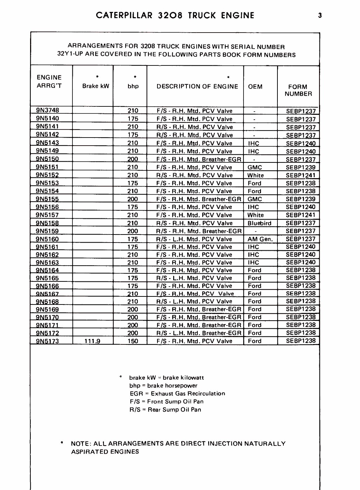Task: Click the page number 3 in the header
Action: (x=320, y=15)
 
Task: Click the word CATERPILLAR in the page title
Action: (x=124, y=15)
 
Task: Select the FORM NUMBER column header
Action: (x=298, y=90)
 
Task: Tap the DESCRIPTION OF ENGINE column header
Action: (x=197, y=86)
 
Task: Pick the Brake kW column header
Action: (x=96, y=86)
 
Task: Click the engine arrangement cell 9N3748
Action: (x=48, y=111)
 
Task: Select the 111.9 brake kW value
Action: (x=92, y=341)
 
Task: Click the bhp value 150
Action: (x=133, y=341)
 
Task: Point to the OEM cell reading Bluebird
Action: (x=259, y=223)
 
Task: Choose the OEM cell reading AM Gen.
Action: (x=260, y=239)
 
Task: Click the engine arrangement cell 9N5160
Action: (x=48, y=239)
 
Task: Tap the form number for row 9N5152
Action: (x=301, y=175)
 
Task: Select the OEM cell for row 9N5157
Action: (x=255, y=215)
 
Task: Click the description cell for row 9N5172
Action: (x=199, y=333)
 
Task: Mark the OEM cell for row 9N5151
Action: (x=255, y=167)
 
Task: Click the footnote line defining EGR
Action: (x=177, y=393)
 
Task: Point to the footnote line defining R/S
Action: (x=165, y=409)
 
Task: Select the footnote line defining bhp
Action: (x=163, y=386)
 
